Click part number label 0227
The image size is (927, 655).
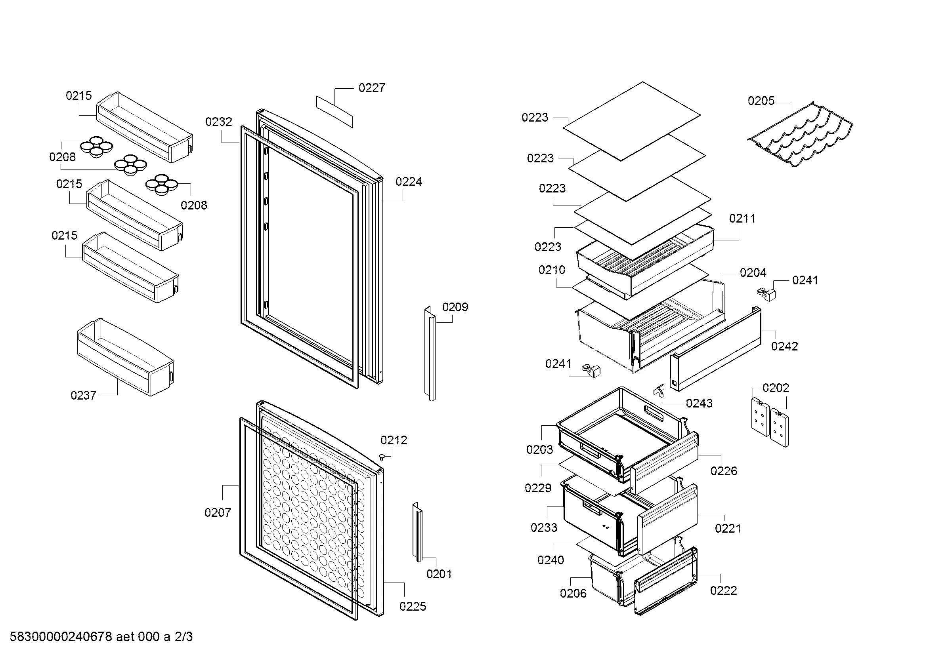tap(371, 88)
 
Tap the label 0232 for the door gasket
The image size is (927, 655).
tap(218, 122)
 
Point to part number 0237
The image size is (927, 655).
tap(83, 395)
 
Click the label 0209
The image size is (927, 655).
tap(455, 307)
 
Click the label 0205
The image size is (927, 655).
tap(761, 101)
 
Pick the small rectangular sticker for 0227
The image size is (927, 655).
tap(334, 111)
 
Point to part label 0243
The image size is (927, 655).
tap(699, 403)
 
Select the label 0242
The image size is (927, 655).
tap(784, 346)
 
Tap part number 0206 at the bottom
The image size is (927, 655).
tap(573, 593)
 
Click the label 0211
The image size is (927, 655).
tap(742, 218)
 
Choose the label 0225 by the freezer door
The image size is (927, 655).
tap(413, 606)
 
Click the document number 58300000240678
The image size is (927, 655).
tap(61, 637)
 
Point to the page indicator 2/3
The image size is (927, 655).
tap(183, 637)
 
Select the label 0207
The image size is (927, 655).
tap(218, 512)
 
